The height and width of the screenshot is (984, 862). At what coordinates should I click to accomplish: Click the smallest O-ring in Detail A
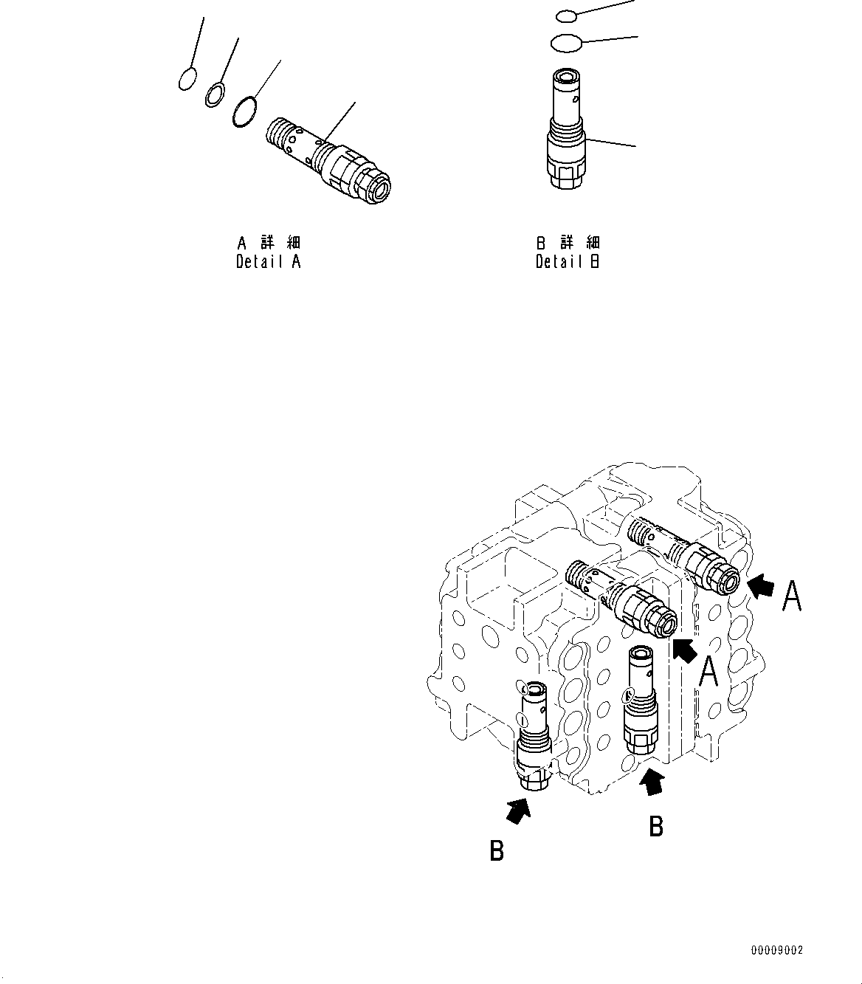187,78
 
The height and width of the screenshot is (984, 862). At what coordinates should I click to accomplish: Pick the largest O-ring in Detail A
244,111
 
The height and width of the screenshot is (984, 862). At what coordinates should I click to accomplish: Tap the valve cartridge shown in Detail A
328,160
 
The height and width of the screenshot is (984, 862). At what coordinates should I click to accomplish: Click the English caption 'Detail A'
269,261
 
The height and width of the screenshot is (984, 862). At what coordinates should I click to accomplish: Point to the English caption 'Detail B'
568,261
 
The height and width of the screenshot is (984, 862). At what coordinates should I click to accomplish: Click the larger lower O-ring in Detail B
566,44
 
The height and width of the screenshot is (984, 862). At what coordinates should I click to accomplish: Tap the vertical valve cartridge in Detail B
567,129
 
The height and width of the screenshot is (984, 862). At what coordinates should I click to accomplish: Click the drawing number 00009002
776,950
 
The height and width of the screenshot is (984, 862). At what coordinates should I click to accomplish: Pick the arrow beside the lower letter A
685,650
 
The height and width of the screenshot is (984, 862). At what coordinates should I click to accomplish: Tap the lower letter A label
709,672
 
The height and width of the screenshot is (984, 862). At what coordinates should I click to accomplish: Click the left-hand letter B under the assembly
497,851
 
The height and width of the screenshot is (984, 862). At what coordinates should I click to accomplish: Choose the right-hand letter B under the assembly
655,826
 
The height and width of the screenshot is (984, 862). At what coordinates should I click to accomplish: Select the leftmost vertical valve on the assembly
533,738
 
